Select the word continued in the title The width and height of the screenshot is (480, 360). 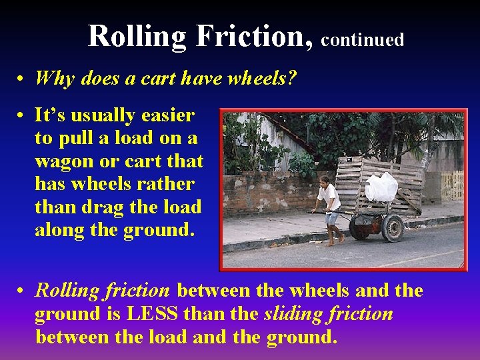coord(363,40)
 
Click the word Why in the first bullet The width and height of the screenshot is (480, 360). coord(55,78)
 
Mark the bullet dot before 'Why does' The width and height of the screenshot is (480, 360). coord(22,79)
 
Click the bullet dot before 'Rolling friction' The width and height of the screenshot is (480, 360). coord(22,291)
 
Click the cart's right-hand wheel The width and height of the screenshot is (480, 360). coord(393,227)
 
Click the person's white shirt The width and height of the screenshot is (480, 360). coord(329,197)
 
